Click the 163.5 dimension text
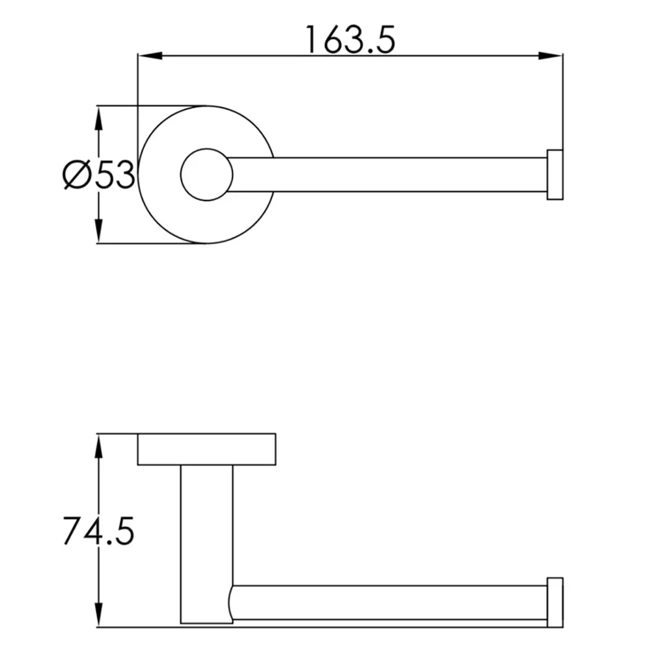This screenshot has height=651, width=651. coord(350,40)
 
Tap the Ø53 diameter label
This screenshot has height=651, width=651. coord(99,174)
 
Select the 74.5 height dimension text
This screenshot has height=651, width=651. coord(99,531)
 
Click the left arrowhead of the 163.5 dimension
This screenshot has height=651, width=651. coord(150,55)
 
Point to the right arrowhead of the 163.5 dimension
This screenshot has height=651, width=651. coord(551,55)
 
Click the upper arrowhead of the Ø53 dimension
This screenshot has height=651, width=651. coord(98,119)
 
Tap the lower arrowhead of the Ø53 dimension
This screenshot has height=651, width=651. coord(98,230)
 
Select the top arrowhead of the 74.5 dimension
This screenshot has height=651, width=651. coord(98,447)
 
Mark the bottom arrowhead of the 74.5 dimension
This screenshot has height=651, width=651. coord(98,615)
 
